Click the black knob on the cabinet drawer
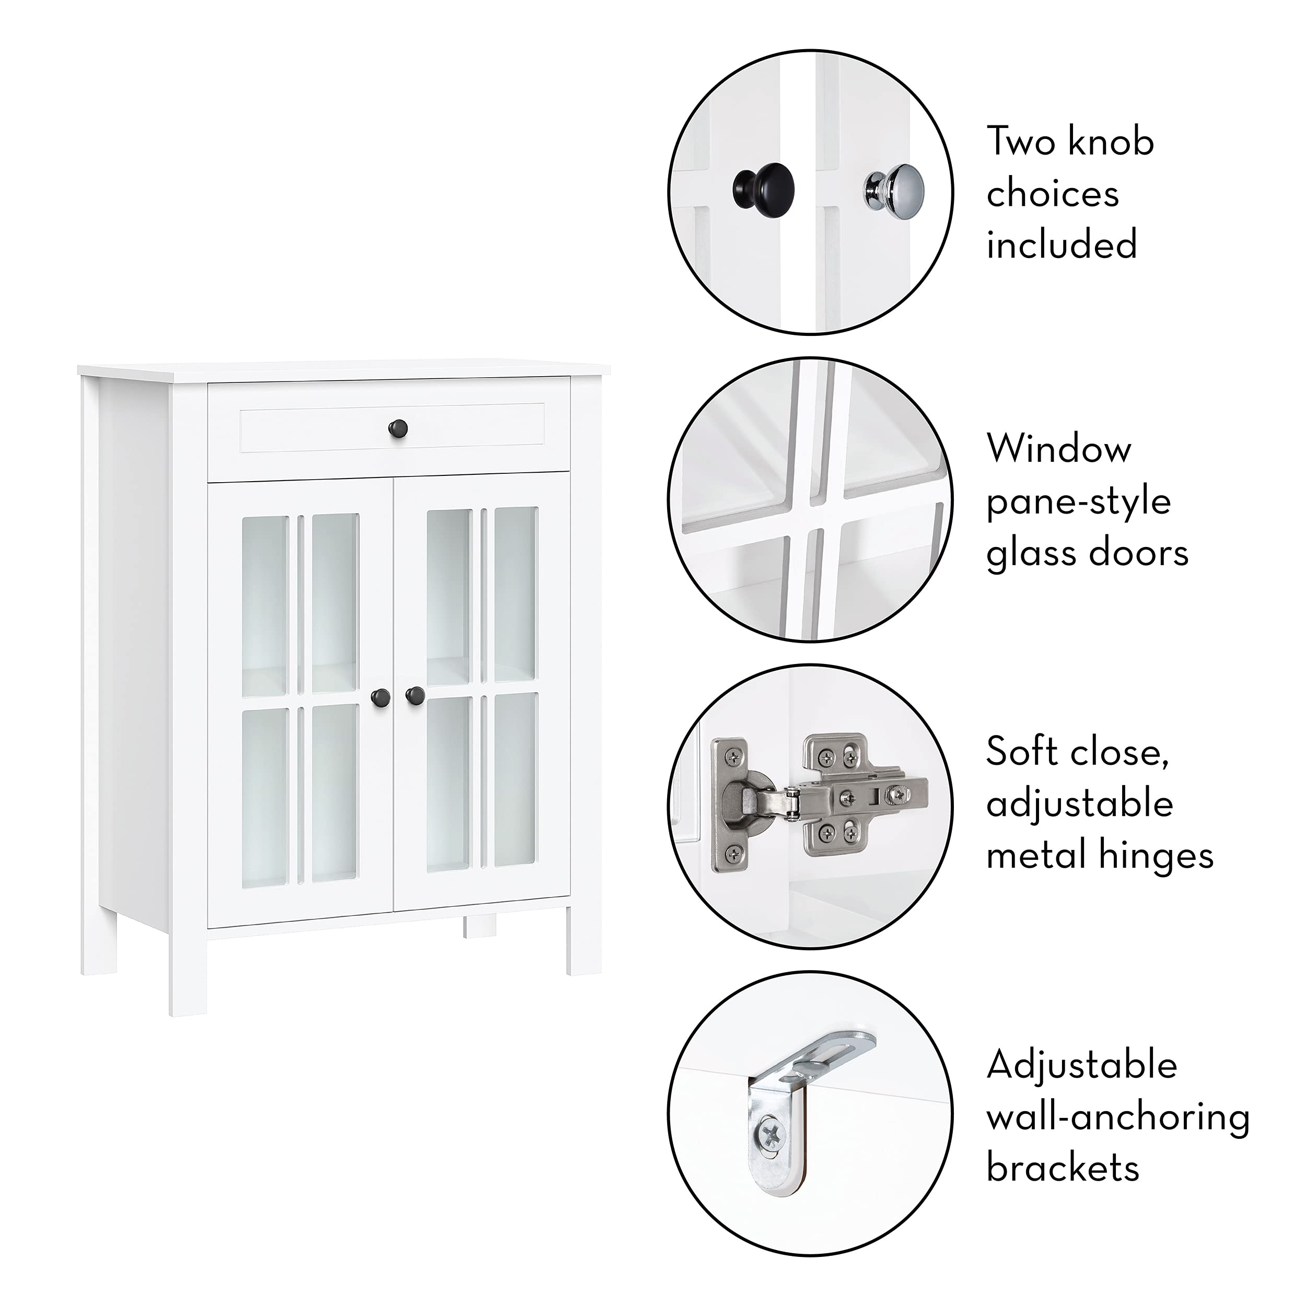(398, 427)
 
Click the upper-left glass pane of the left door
(264, 605)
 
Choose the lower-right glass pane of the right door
(516, 780)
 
